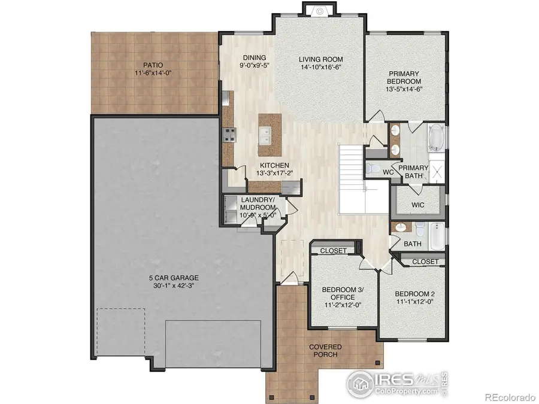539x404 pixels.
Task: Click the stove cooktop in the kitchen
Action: coord(228,134)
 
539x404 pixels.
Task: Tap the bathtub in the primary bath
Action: coord(436,138)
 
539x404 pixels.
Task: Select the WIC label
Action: coord(418,205)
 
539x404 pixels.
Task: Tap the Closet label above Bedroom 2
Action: coord(426,262)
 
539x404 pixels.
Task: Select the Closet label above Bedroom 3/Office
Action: coord(333,251)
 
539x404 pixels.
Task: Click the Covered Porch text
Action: coord(325,351)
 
